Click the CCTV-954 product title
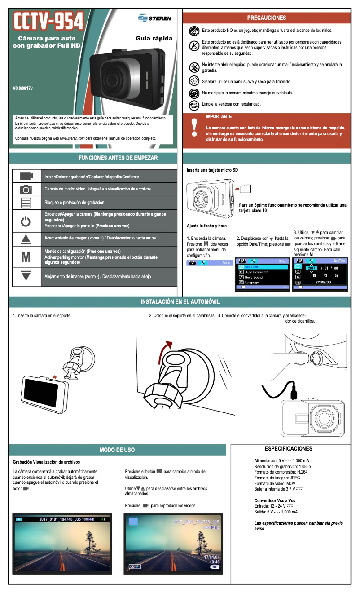coord(49,21)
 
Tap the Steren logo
coord(155,18)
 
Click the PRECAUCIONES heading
coord(266,18)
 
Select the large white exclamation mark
coord(194,127)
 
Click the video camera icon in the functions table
coord(26,176)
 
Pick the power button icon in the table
coord(26,221)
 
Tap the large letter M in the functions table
coord(26,257)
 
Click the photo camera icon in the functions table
coord(26,190)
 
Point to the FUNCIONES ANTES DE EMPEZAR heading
coord(118,158)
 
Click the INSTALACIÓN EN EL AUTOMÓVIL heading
coord(180,301)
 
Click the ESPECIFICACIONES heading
coord(288,449)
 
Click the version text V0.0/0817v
coord(22,88)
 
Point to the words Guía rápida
coord(154,39)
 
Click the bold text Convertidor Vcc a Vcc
coord(275,500)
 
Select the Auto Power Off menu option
coord(256,272)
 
